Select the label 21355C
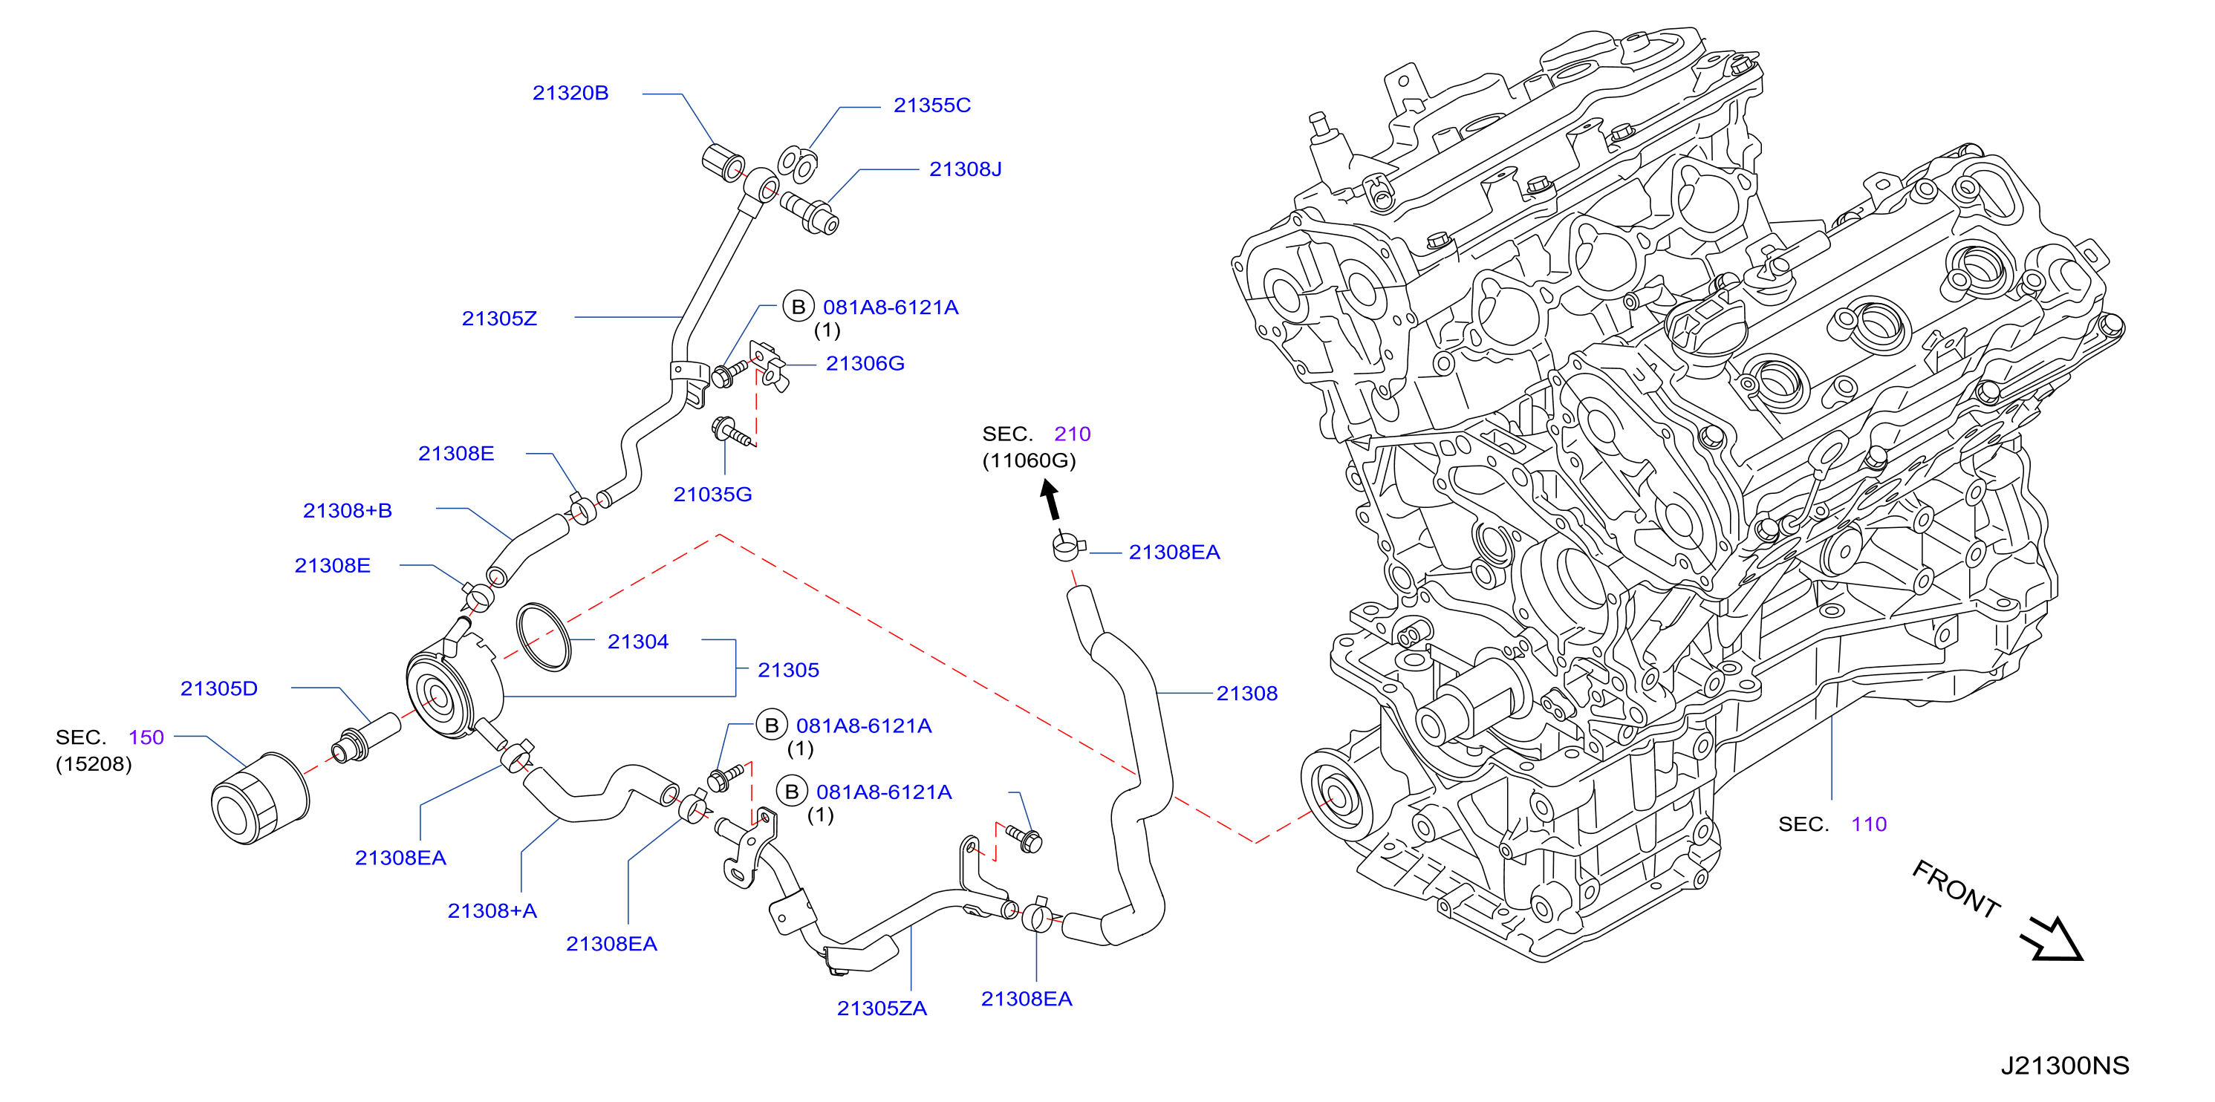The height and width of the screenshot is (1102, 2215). [x=932, y=105]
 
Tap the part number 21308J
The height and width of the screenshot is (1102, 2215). [x=965, y=169]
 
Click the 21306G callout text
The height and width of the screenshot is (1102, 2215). [x=865, y=364]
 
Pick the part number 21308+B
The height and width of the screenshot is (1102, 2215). [x=348, y=511]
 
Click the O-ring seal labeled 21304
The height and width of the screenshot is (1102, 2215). [x=544, y=637]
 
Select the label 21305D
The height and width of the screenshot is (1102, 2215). [x=218, y=688]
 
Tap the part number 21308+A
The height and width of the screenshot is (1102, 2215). [x=492, y=911]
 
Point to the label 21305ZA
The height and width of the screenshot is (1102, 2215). [x=882, y=1008]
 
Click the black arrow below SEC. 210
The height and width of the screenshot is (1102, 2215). [x=1051, y=501]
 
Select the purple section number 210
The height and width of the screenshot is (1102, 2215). [x=1073, y=434]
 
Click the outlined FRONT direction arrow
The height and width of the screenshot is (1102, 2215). [x=2052, y=938]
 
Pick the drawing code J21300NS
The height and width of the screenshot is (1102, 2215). [x=2064, y=1066]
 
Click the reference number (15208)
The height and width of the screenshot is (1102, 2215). [x=94, y=764]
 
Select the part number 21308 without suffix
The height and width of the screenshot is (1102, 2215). [x=1247, y=694]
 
